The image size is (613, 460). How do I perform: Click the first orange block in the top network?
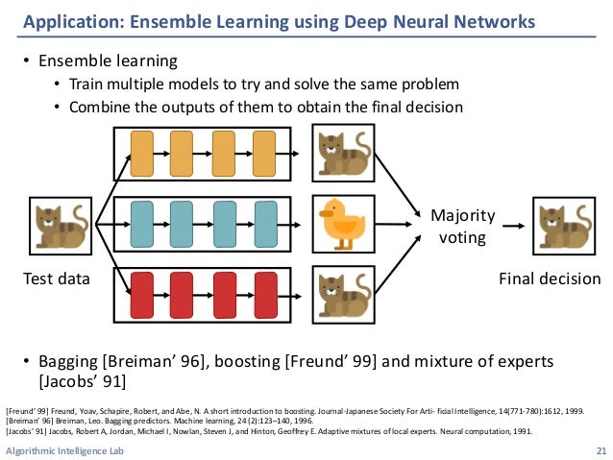142,152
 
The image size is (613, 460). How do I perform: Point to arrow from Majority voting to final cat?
512,227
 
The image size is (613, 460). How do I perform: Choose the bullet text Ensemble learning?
108,61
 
